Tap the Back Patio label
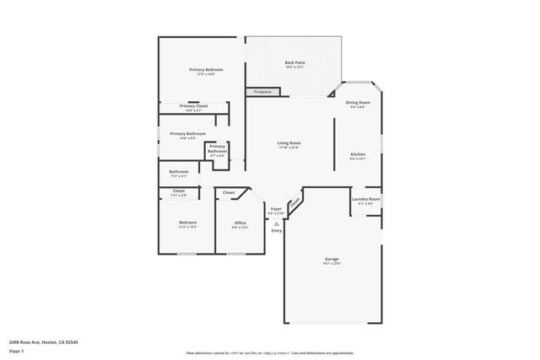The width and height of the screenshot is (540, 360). pos(294,63)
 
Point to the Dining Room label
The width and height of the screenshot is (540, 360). pos(358,103)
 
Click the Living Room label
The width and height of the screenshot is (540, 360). pos(289,143)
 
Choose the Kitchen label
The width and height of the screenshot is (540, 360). pos(358,154)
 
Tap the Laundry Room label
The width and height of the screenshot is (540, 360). pos(365,199)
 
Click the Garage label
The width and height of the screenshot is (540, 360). pos(332,259)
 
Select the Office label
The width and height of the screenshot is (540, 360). pos(240,223)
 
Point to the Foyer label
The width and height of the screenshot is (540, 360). pos(276,208)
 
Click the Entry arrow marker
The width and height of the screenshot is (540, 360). pos(276,223)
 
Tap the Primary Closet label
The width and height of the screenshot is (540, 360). pos(193,106)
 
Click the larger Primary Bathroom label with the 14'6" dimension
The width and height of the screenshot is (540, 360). pos(187,133)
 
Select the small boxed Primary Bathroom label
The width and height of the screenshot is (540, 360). pos(218,148)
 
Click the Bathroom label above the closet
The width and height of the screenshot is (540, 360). pos(178,172)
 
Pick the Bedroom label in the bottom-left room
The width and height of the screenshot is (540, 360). pos(187,223)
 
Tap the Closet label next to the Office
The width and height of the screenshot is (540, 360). pos(229,193)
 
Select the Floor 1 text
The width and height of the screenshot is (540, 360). pos(15,351)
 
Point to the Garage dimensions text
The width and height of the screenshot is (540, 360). pos(332,264)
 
